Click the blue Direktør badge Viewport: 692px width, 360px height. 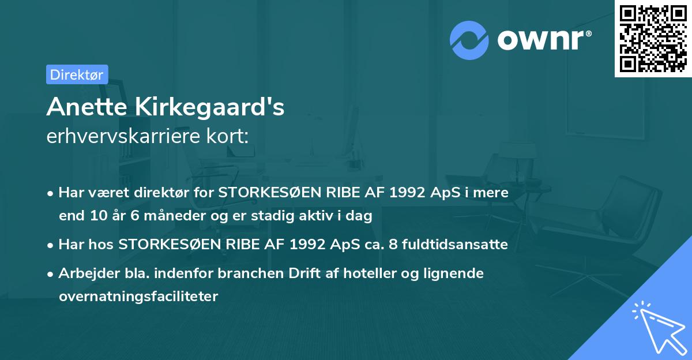coord(77,74)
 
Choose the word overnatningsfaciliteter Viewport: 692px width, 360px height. coord(138,297)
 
